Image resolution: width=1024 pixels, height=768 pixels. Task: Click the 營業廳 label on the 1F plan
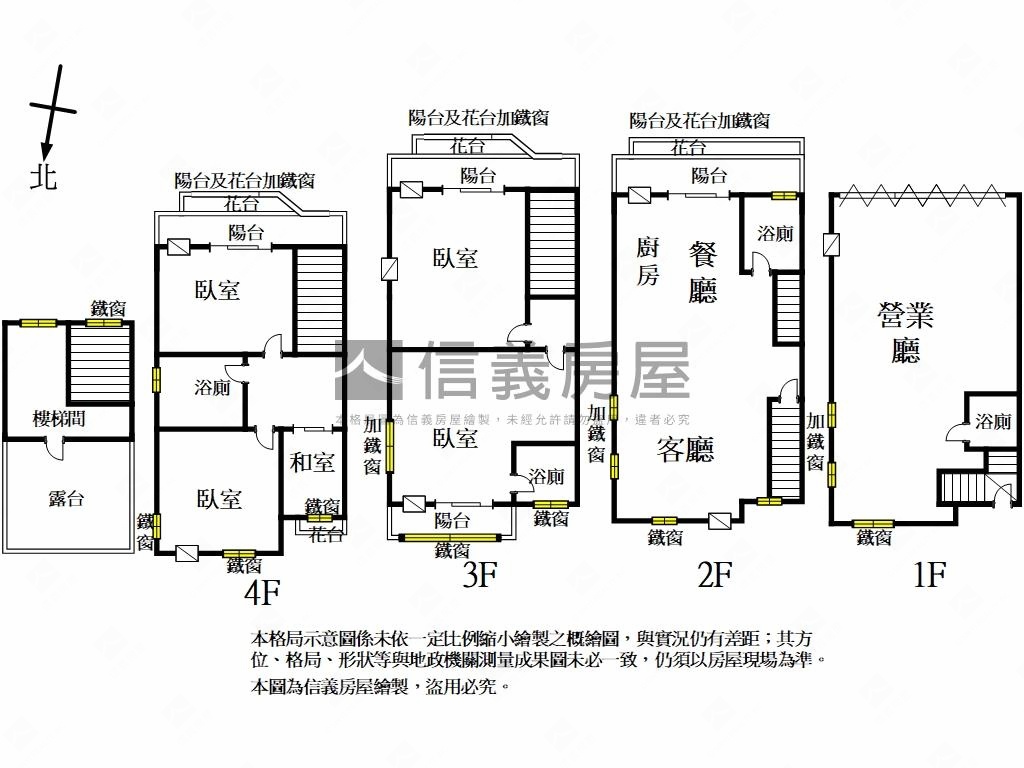(905, 333)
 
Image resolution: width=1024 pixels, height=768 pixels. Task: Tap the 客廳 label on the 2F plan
(685, 450)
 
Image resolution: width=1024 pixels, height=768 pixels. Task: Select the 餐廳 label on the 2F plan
(703, 272)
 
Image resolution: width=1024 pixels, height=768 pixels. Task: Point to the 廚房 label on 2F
(648, 261)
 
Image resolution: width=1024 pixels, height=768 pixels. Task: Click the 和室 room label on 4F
(312, 463)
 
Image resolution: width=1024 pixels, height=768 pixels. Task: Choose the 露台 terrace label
(66, 498)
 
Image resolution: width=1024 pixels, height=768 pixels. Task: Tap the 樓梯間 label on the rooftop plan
(59, 419)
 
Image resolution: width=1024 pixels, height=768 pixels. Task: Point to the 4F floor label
(263, 593)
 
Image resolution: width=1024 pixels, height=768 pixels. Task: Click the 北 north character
(44, 176)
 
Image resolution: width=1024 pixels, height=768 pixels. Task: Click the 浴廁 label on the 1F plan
(993, 422)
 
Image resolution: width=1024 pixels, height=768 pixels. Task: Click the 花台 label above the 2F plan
(687, 148)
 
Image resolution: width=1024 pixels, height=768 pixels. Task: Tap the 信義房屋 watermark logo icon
(368, 371)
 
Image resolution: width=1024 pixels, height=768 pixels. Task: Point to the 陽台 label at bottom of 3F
(452, 520)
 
